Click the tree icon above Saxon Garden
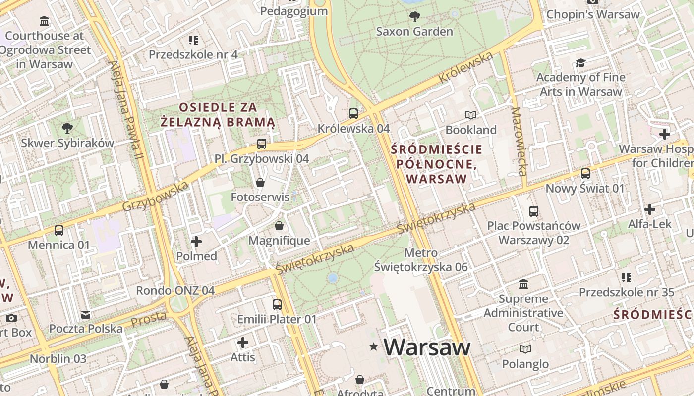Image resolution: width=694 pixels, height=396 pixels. (414, 17)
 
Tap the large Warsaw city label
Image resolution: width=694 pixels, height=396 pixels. (426, 347)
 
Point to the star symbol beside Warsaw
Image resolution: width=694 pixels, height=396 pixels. (373, 347)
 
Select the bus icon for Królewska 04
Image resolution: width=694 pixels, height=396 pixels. (353, 114)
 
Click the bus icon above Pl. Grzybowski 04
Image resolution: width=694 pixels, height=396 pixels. (261, 144)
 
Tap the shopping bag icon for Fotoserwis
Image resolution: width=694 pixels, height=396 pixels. (260, 183)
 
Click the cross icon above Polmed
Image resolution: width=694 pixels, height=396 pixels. (196, 242)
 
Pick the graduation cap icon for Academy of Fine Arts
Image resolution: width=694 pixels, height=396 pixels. (580, 63)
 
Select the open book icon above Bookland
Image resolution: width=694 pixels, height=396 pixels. (470, 115)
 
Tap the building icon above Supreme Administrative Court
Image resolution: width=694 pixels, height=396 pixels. (523, 284)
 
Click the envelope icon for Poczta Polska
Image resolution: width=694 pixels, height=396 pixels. (86, 314)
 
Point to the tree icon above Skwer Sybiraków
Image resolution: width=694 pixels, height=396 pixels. (67, 129)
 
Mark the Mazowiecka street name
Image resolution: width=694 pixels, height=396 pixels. (519, 142)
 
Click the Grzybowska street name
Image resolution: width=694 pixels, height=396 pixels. (155, 196)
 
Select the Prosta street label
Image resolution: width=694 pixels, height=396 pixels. (148, 319)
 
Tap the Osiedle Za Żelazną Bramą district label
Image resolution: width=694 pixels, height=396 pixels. (218, 114)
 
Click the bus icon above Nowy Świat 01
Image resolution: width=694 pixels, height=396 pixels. (585, 174)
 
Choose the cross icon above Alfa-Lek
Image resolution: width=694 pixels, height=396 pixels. (649, 209)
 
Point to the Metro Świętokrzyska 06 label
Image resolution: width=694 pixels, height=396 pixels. (421, 260)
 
